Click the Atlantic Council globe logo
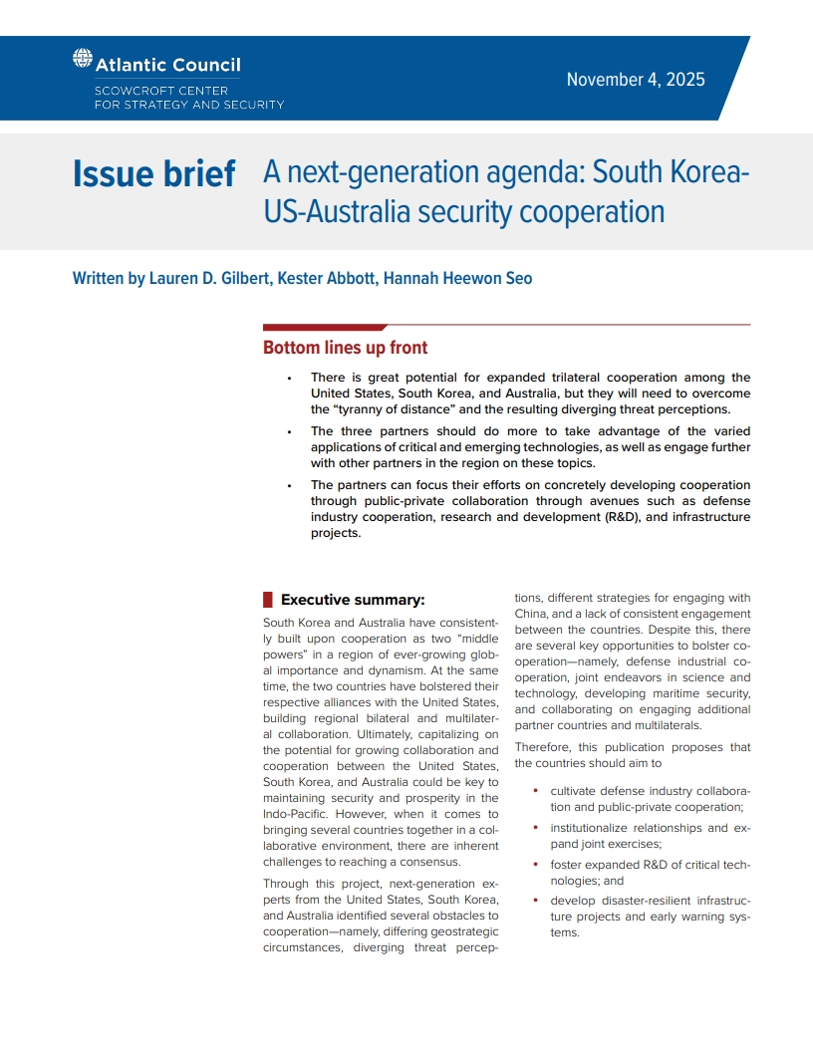pos(83,59)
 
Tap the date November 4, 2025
pos(636,80)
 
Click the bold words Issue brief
pos(154,174)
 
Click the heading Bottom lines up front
pos(345,348)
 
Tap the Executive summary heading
pos(353,600)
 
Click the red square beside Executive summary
pos(268,600)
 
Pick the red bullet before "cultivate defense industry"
pos(537,791)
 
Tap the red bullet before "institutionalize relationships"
pos(537,828)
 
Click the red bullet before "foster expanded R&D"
pos(537,865)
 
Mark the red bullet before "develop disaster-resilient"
pos(537,901)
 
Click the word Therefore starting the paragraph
pos(547,747)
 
